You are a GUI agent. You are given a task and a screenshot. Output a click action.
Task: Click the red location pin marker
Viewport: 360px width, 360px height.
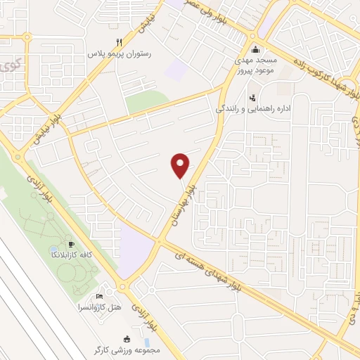(x=181, y=165)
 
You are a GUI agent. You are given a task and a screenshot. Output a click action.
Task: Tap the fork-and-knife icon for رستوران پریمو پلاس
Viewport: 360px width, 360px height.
(x=118, y=42)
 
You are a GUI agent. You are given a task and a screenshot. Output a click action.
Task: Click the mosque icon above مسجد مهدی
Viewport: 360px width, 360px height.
(x=255, y=50)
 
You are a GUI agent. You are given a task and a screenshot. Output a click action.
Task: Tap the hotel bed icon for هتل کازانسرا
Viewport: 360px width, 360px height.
(x=99, y=296)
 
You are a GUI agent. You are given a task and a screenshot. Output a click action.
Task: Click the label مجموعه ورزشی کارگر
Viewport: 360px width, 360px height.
(x=129, y=349)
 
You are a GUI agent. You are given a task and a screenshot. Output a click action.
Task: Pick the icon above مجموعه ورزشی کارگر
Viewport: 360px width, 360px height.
(x=127, y=338)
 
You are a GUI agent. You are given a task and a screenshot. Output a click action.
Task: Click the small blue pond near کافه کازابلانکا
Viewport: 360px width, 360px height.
(x=55, y=250)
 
